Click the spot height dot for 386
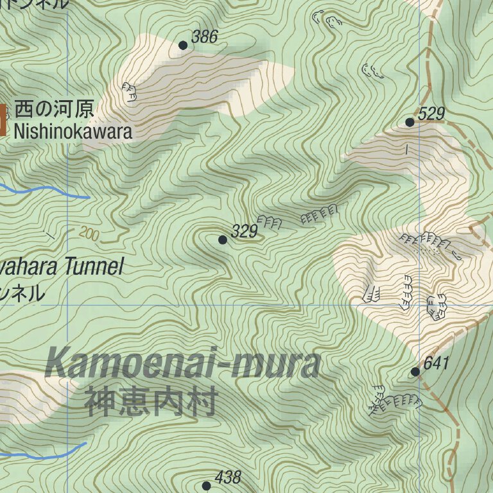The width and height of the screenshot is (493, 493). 183,45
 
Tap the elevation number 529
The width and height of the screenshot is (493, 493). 431,114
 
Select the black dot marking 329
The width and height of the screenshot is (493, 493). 222,239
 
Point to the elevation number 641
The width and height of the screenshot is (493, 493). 437,363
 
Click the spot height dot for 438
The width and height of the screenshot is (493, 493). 206,485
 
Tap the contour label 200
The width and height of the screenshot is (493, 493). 90,234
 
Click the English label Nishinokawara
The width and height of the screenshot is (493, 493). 73,132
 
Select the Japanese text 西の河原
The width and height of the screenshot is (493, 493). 54,108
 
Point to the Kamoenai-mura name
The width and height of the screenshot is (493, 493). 183,364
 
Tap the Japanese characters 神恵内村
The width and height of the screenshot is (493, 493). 150,401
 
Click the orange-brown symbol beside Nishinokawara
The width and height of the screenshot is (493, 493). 3,120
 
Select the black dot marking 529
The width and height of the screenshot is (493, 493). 410,122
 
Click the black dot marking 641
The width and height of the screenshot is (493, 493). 415,372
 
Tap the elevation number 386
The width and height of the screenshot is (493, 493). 205,37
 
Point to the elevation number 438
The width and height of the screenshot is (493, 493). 228,477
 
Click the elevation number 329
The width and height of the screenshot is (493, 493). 244,231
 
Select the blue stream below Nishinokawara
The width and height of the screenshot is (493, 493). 45,190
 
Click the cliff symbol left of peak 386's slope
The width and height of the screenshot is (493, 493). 130,92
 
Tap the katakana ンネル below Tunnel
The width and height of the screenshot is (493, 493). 23,293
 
